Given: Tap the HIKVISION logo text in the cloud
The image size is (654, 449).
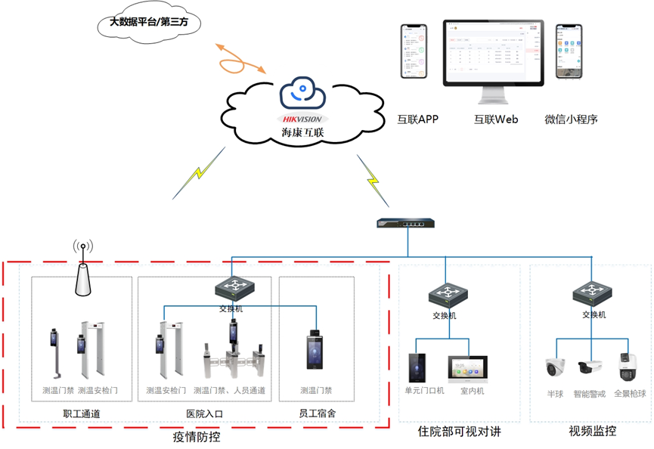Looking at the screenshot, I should point(301,119).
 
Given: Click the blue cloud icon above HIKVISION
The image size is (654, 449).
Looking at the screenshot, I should point(302,94).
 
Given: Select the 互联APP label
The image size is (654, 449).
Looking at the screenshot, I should point(417,119).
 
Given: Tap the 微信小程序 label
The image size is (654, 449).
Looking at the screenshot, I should point(571,119).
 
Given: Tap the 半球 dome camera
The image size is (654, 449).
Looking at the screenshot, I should point(556,367).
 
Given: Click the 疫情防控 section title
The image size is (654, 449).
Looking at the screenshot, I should point(197,436).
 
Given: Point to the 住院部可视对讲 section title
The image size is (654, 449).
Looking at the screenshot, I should point(459,432).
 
